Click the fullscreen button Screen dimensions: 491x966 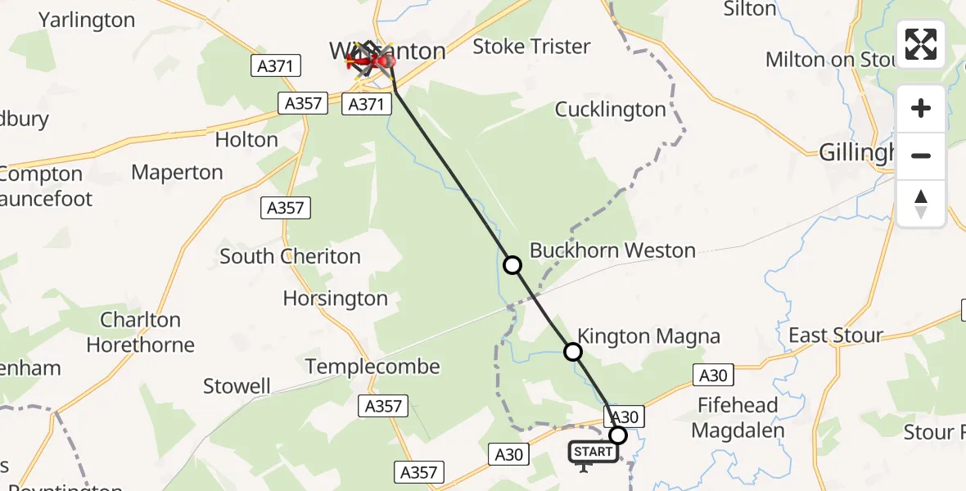pyautogui.click(x=921, y=44)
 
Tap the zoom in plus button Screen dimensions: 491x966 pyautogui.click(x=921, y=108)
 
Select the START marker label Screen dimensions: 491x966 pyautogui.click(x=594, y=452)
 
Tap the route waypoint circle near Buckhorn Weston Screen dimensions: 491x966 pyautogui.click(x=512, y=265)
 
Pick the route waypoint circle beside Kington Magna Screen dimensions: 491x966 pyautogui.click(x=573, y=352)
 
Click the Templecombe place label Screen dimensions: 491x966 pyautogui.click(x=372, y=367)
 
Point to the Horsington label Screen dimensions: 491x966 pyautogui.click(x=335, y=299)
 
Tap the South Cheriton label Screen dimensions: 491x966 pyautogui.click(x=290, y=256)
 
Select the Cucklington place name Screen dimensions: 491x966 pyautogui.click(x=610, y=110)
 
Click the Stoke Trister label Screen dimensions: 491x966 pyautogui.click(x=531, y=47)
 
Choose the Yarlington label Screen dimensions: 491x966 pyautogui.click(x=87, y=20)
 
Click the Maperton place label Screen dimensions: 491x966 pyautogui.click(x=177, y=173)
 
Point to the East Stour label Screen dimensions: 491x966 pyautogui.click(x=835, y=336)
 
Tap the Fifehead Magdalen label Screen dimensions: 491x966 pyautogui.click(x=738, y=417)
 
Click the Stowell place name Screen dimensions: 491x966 pyautogui.click(x=237, y=385)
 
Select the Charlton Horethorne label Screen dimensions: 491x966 pyautogui.click(x=140, y=332)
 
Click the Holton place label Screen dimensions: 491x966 pyautogui.click(x=246, y=140)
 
